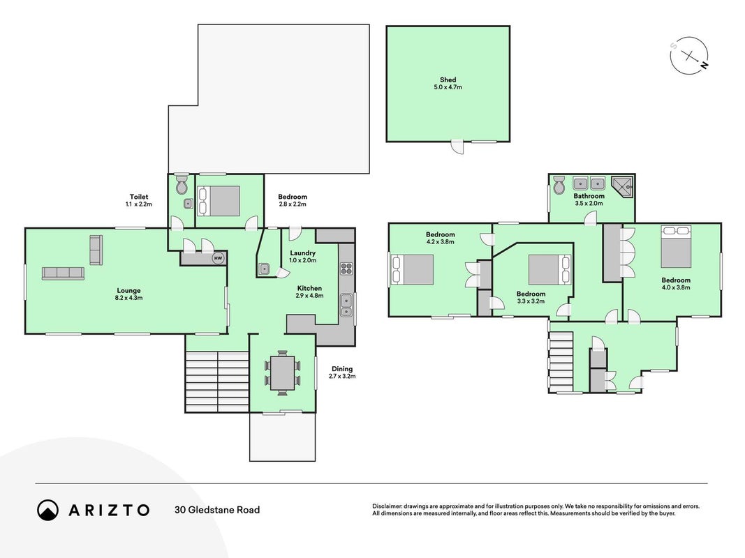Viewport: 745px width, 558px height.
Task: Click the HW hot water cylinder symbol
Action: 218,258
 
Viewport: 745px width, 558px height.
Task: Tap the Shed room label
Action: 448,80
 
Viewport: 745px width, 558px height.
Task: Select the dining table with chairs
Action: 282,373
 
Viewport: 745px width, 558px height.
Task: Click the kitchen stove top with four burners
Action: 346,269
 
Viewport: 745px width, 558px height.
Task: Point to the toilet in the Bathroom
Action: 559,184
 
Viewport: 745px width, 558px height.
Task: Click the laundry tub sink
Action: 264,269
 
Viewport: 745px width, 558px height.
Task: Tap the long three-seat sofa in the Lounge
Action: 63,273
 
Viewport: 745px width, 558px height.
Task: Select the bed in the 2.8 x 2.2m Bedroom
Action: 219,201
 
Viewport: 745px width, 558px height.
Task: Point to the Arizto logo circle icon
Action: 47,510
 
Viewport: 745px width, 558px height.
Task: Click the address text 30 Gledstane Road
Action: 217,510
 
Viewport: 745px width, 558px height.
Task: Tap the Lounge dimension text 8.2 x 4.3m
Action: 128,298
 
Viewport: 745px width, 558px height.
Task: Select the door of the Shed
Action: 457,146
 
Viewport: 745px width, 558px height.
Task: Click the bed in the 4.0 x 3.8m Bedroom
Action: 676,247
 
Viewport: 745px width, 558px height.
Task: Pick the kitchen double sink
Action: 346,305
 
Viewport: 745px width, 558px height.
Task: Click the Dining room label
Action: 342,369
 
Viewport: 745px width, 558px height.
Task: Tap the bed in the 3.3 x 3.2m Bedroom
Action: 549,270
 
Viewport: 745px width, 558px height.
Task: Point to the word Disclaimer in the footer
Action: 387,506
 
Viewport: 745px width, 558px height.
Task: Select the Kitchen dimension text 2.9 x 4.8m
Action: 309,296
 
